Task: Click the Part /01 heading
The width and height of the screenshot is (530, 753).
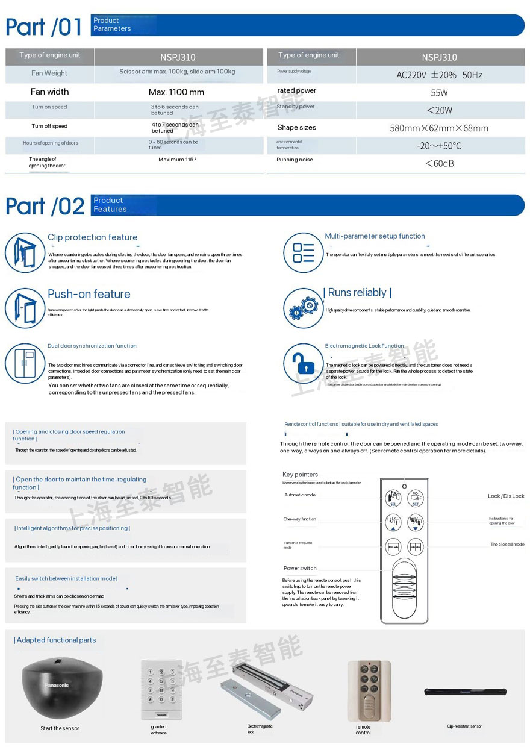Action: pyautogui.click(x=44, y=27)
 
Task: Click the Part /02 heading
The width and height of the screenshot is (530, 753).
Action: pyautogui.click(x=45, y=206)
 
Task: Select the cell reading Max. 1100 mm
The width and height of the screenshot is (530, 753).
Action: pyautogui.click(x=176, y=92)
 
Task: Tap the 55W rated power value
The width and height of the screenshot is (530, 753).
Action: pyautogui.click(x=439, y=93)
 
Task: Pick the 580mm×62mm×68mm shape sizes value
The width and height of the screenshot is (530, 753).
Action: pyautogui.click(x=439, y=128)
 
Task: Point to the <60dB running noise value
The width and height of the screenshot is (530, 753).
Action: pyautogui.click(x=439, y=163)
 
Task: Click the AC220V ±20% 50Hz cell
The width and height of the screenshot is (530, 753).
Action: pyautogui.click(x=439, y=75)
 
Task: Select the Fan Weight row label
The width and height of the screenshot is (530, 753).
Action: pyautogui.click(x=49, y=73)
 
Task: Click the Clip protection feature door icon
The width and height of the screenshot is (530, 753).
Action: pyautogui.click(x=25, y=252)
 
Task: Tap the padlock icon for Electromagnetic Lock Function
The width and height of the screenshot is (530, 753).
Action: pyautogui.click(x=304, y=364)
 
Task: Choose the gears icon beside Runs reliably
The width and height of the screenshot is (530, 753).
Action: pyautogui.click(x=304, y=308)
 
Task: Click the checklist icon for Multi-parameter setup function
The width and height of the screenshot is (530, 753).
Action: pyautogui.click(x=304, y=252)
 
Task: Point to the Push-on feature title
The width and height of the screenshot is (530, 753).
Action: pyautogui.click(x=89, y=294)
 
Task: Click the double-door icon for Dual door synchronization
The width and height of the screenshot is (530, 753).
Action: pyautogui.click(x=25, y=363)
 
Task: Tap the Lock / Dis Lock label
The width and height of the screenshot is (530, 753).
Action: pyautogui.click(x=506, y=496)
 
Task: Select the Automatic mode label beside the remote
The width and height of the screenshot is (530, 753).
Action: pyautogui.click(x=300, y=495)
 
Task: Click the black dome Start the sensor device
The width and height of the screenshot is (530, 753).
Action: pyautogui.click(x=61, y=689)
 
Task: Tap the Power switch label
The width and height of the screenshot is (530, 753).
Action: pyautogui.click(x=300, y=568)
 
